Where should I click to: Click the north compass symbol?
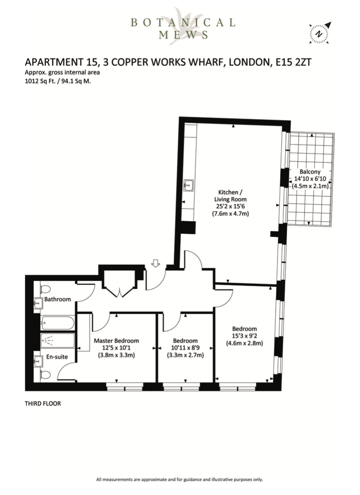319,33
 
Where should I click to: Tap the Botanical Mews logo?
183,28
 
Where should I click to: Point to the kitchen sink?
189,185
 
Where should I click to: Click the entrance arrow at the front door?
156,263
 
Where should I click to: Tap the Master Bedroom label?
116,341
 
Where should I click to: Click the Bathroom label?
57,299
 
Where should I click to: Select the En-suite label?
57,357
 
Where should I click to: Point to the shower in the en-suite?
58,341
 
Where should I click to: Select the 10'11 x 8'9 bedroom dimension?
185,348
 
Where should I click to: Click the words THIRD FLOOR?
42,403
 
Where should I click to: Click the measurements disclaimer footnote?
180,479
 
